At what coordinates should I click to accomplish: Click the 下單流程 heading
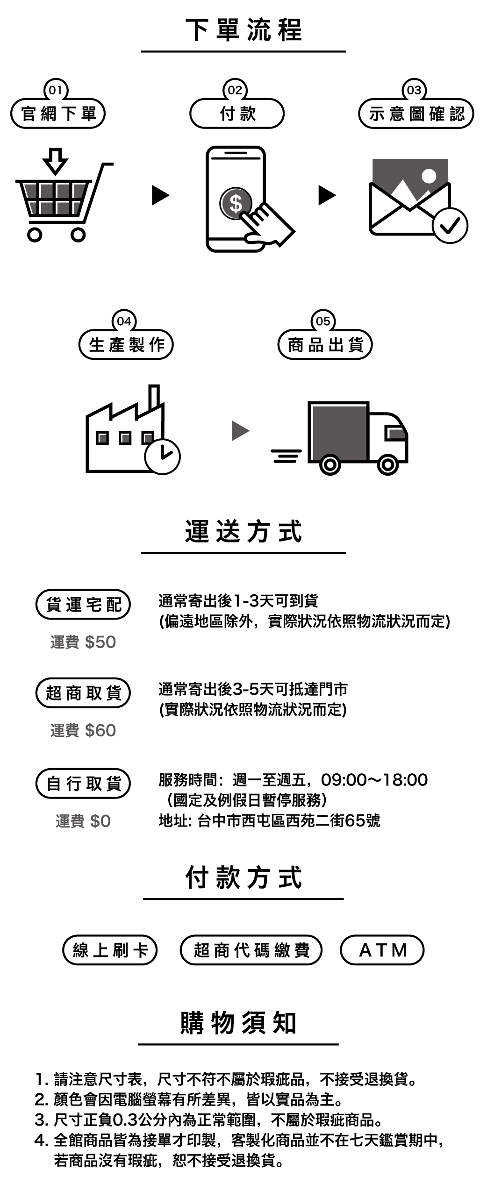(x=243, y=30)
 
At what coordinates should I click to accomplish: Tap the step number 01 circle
(x=56, y=90)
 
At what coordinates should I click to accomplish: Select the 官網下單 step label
(x=58, y=114)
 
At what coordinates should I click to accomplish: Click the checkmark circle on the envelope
(x=450, y=226)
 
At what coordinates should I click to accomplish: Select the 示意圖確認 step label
(x=416, y=114)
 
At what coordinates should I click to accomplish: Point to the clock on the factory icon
(x=162, y=456)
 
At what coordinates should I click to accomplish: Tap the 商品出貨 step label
(x=325, y=345)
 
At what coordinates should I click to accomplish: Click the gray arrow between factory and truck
(x=240, y=430)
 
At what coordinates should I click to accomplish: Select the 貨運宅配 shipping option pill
(x=83, y=605)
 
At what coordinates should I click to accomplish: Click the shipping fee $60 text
(x=83, y=730)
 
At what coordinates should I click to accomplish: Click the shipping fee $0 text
(x=83, y=821)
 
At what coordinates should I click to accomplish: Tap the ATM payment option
(x=382, y=950)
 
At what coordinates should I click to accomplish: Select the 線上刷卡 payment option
(x=110, y=950)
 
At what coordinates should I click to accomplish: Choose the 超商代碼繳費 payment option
(x=251, y=950)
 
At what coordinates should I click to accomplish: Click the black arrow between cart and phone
(x=160, y=195)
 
